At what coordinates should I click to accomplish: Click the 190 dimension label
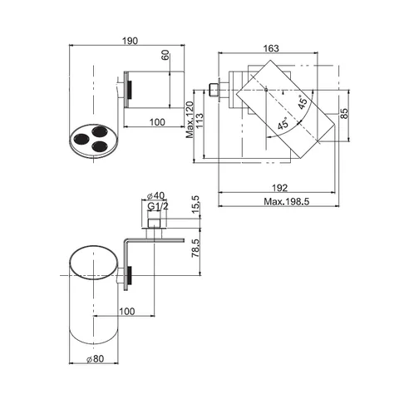point(130,41)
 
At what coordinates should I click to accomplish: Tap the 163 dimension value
point(271,48)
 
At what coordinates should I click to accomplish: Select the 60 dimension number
point(165,55)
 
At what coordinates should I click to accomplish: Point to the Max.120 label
point(190,120)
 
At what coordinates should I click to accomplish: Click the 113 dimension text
point(199,121)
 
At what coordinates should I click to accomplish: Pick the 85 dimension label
point(344,113)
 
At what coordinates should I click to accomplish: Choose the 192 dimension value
point(279,188)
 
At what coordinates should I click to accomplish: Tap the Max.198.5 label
point(286,201)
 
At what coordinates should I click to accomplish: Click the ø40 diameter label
point(155,195)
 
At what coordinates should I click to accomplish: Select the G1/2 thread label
point(158,206)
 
